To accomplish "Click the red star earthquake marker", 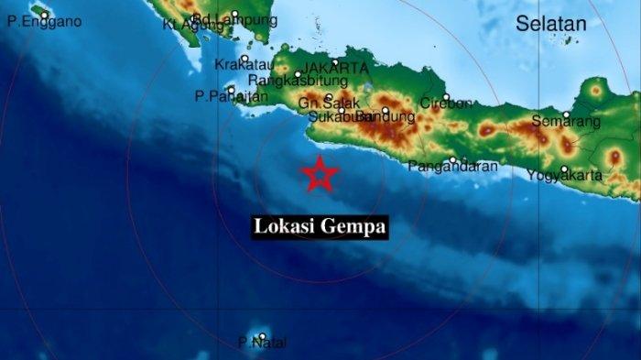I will pyautogui.click(x=320, y=174).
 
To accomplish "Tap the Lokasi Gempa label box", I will pyautogui.click(x=320, y=226).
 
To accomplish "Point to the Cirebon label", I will pyautogui.click(x=444, y=104).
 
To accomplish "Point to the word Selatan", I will pyautogui.click(x=549, y=25).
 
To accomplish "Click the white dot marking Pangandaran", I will pyautogui.click(x=453, y=160).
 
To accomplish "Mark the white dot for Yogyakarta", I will pyautogui.click(x=564, y=169).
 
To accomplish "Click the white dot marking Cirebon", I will pyautogui.click(x=446, y=97).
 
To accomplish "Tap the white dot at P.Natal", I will pyautogui.click(x=262, y=337).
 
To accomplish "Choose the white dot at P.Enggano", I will pyautogui.click(x=44, y=15).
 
